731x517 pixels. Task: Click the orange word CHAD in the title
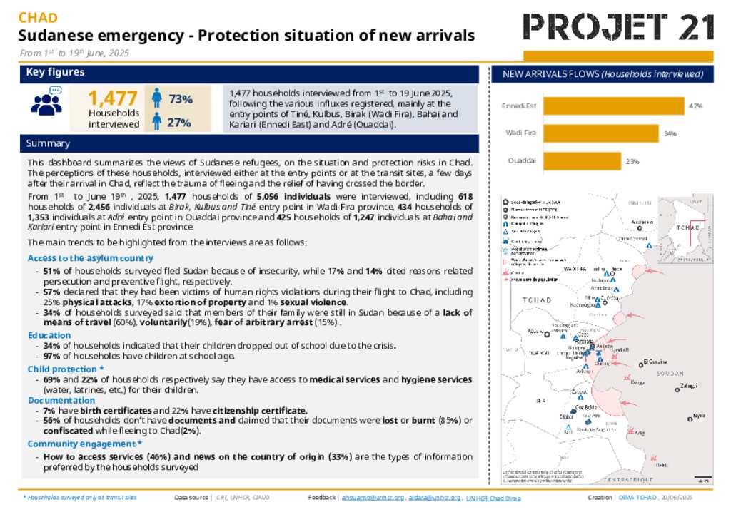pyautogui.click(x=38, y=18)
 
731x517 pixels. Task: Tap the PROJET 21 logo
pyautogui.click(x=618, y=27)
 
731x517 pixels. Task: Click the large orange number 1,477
pyautogui.click(x=112, y=98)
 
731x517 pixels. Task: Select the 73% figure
pyautogui.click(x=180, y=99)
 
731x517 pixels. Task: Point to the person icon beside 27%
pyautogui.click(x=156, y=122)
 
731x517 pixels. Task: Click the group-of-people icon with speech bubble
pyautogui.click(x=48, y=101)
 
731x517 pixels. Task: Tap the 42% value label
pyautogui.click(x=695, y=106)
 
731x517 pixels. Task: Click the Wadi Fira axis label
pyautogui.click(x=520, y=133)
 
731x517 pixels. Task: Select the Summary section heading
pyautogui.click(x=48, y=143)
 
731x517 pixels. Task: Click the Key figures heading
pyautogui.click(x=55, y=72)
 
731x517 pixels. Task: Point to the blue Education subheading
pyautogui.click(x=49, y=335)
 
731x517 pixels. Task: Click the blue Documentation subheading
pyautogui.click(x=61, y=400)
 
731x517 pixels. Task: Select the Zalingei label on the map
pyautogui.click(x=689, y=387)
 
